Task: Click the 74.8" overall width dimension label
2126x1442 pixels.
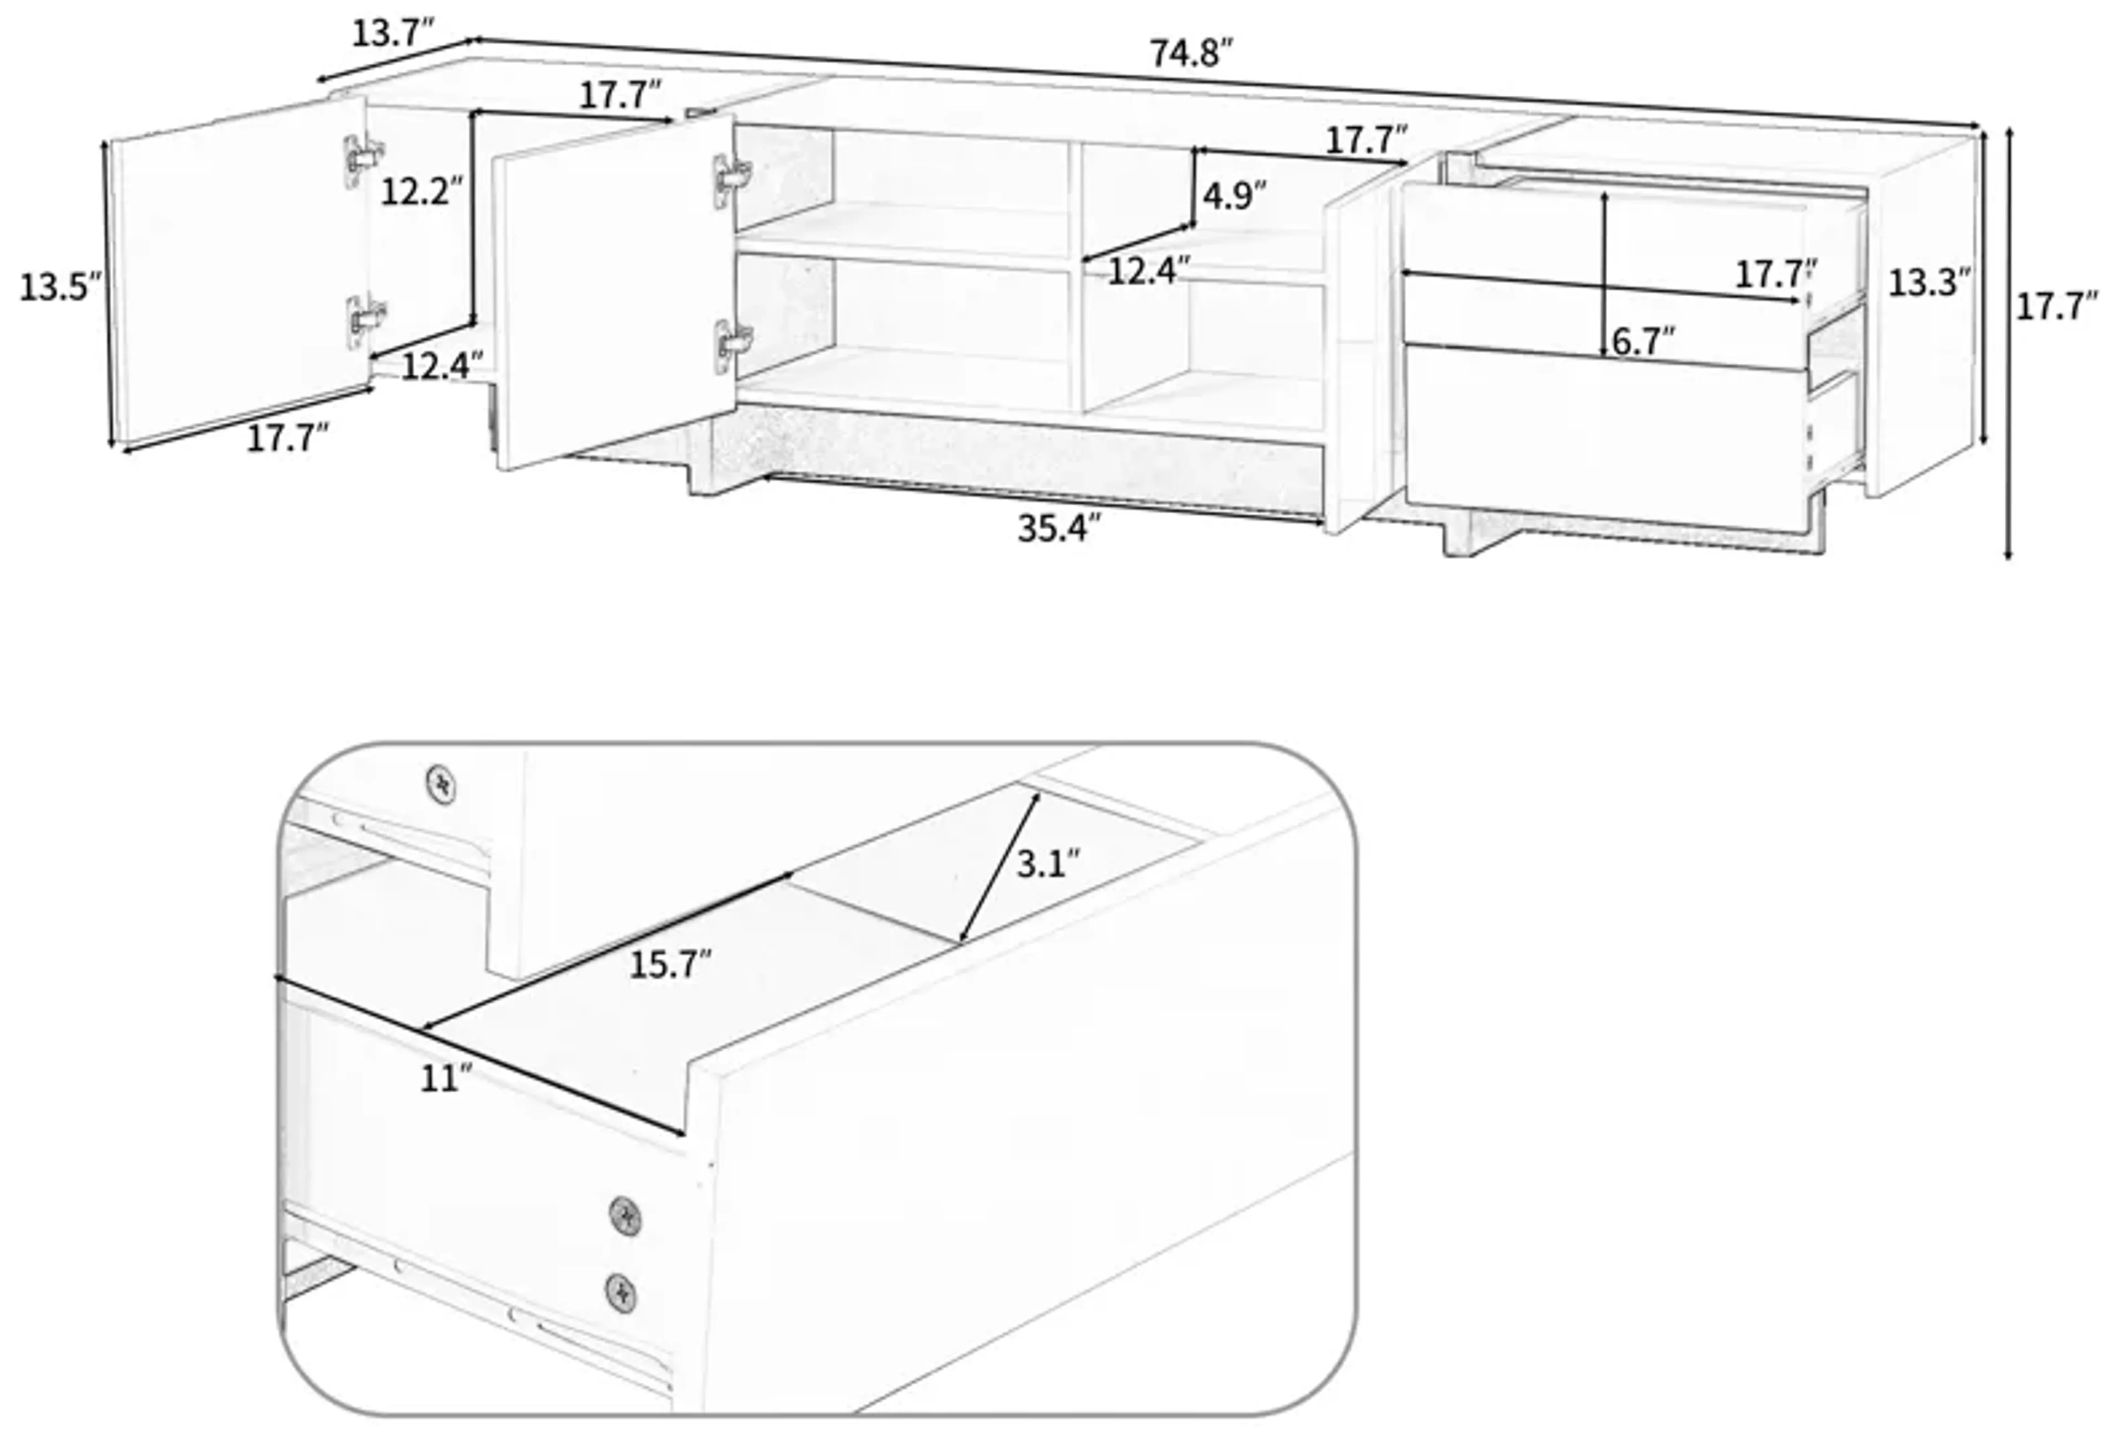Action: tap(1191, 54)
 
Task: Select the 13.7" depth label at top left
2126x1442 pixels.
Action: tap(391, 34)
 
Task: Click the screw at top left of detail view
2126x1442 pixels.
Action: tap(441, 784)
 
